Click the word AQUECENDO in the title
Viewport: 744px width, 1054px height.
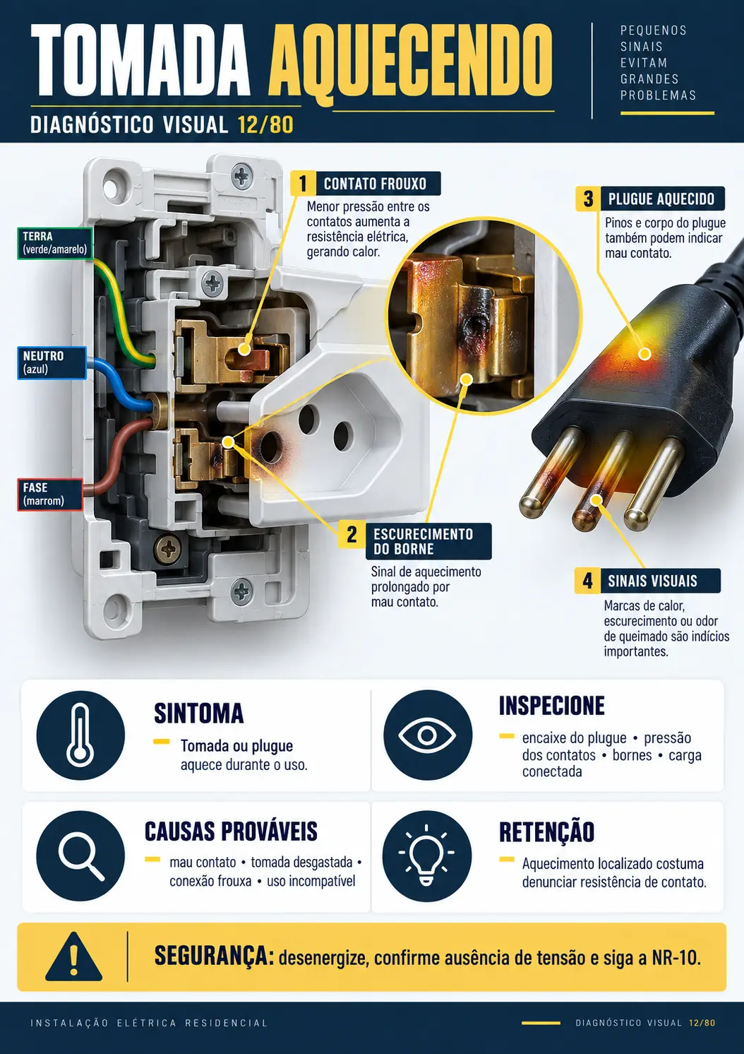click(411, 60)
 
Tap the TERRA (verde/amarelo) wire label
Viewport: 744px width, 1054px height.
click(55, 243)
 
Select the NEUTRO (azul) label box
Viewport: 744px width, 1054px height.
click(52, 362)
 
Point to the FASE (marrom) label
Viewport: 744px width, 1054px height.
click(50, 494)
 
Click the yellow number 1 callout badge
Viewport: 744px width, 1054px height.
click(303, 184)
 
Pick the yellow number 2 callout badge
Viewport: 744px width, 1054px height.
click(352, 535)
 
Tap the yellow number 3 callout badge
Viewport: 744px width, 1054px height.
click(588, 199)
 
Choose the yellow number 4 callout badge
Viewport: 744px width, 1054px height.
click(587, 581)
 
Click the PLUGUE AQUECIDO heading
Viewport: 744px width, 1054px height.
click(661, 199)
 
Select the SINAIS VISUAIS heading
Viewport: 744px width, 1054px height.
click(652, 581)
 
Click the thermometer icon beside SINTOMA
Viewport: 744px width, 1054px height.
click(80, 735)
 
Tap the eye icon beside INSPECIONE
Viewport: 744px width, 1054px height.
click(427, 735)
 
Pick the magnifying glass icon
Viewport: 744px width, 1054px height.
click(80, 855)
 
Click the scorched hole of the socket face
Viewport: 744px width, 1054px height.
click(270, 446)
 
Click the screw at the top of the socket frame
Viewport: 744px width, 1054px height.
click(241, 176)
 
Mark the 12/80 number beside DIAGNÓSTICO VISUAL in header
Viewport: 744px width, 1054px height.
click(265, 125)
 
